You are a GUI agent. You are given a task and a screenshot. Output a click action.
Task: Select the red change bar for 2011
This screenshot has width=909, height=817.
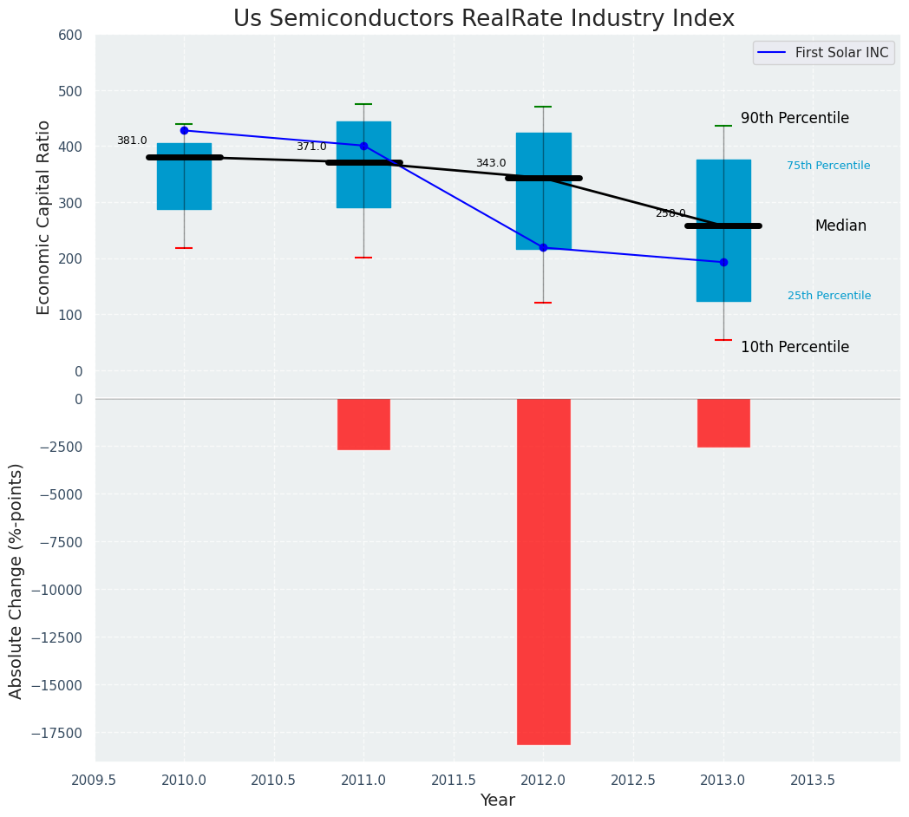[363, 424]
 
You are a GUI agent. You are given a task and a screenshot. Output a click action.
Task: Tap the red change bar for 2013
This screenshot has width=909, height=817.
[723, 422]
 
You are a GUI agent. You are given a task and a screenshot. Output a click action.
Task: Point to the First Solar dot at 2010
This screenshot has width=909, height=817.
[184, 130]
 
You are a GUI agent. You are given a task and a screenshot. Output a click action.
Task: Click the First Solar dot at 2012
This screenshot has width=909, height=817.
[543, 248]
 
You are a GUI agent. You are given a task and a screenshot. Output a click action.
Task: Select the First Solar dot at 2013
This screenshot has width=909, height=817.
[723, 262]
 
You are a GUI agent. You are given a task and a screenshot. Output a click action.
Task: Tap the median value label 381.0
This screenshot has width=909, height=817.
[132, 141]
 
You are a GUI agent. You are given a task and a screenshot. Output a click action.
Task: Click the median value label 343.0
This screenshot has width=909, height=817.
[491, 163]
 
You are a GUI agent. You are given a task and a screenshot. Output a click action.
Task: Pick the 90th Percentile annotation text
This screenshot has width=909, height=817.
[795, 119]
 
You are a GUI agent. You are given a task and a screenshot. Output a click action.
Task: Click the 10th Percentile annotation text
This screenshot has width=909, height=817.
[795, 347]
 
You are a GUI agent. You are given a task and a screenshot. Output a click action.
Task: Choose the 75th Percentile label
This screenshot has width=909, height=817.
[828, 166]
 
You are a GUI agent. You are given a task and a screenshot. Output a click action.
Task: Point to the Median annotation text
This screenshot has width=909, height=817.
[840, 225]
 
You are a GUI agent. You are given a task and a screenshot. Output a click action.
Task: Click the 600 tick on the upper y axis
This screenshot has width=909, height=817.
[70, 35]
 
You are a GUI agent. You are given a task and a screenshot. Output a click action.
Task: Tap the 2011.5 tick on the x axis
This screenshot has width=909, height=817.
[453, 781]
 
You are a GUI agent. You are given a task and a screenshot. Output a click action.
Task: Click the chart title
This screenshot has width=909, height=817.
[484, 19]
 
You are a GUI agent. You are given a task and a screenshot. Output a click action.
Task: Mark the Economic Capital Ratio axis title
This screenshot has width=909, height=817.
[44, 217]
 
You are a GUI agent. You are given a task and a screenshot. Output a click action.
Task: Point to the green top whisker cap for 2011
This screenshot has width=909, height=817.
[363, 104]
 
